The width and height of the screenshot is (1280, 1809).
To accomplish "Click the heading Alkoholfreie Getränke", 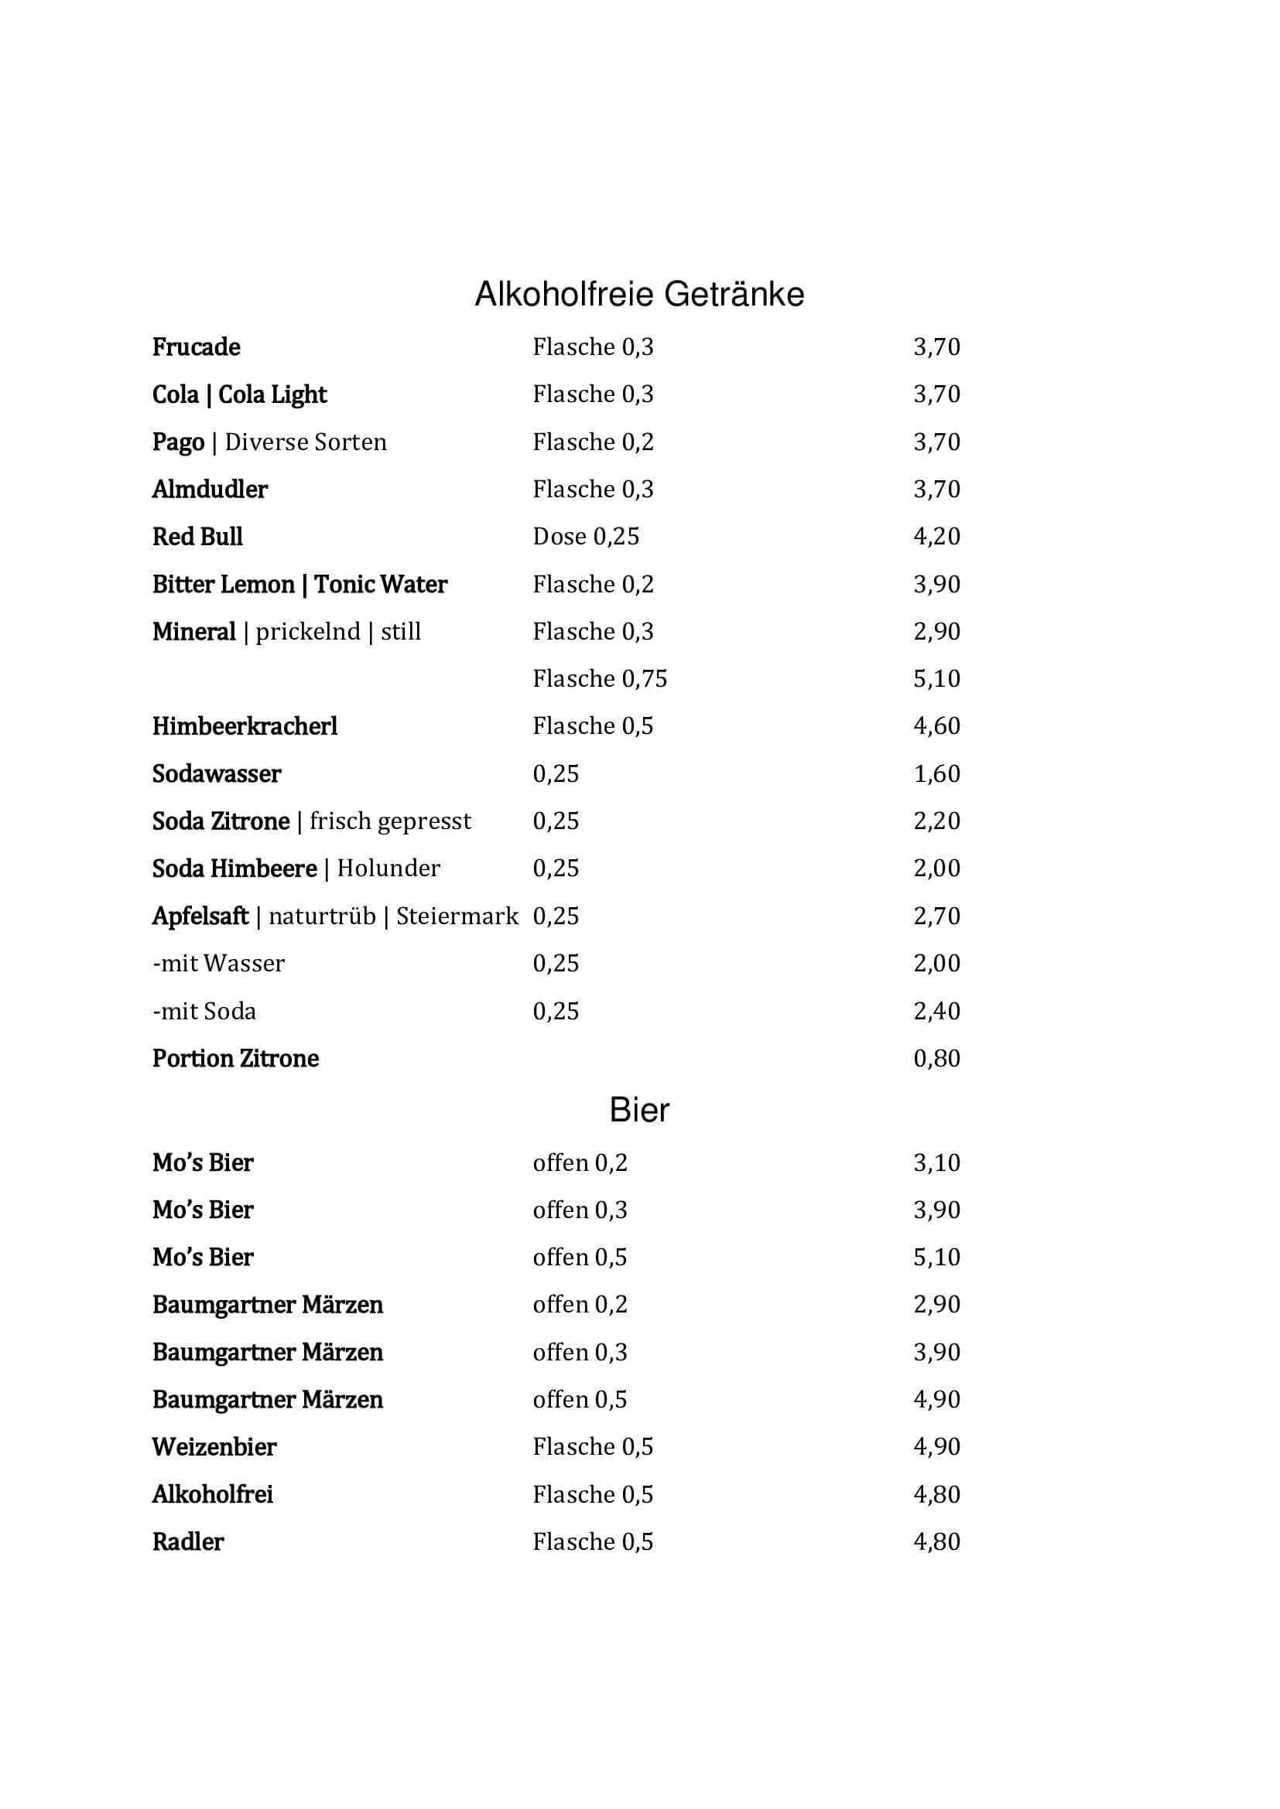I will pos(639,295).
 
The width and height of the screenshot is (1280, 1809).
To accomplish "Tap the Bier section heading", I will pos(639,1110).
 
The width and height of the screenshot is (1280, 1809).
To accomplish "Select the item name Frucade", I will pos(197,346).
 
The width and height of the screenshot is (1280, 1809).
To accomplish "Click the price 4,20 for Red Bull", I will pos(936,537).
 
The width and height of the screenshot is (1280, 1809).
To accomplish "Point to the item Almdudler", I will pos(210,490).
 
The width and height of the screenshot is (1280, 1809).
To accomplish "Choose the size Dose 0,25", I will pos(586,537).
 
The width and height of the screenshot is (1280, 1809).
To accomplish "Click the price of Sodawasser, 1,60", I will pos(936,773).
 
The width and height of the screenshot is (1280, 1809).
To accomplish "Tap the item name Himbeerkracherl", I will pos(245,726).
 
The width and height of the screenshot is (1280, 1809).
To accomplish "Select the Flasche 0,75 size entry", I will pos(600,678).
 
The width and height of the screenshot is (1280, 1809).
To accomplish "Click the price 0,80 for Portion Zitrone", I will pos(936,1058).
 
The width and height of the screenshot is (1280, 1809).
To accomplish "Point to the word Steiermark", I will pos(457,916).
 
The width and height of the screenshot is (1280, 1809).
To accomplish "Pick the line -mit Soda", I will pos(204,1011).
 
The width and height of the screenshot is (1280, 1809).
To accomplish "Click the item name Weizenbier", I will pos(214,1446).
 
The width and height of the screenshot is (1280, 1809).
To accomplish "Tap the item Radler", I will pos(187,1542).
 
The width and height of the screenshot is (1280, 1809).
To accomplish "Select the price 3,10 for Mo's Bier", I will pos(936,1163).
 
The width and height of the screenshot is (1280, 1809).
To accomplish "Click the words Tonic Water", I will pos(381,585).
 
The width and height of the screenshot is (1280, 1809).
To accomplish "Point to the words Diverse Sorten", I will pos(306,442).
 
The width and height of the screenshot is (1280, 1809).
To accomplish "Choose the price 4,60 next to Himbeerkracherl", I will pos(936,725).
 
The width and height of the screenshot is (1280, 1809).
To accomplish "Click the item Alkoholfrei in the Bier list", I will pos(212,1495).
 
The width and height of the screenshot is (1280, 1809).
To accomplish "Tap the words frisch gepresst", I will pos(390,821).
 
